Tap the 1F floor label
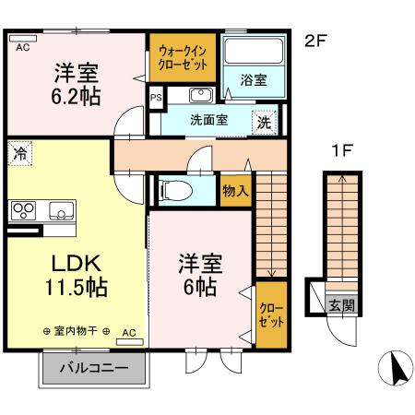click(344, 151)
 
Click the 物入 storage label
click(235, 191)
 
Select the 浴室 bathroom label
click(254, 80)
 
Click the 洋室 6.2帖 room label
click(76, 83)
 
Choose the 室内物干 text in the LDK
click(76, 331)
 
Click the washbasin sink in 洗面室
click(201, 95)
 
